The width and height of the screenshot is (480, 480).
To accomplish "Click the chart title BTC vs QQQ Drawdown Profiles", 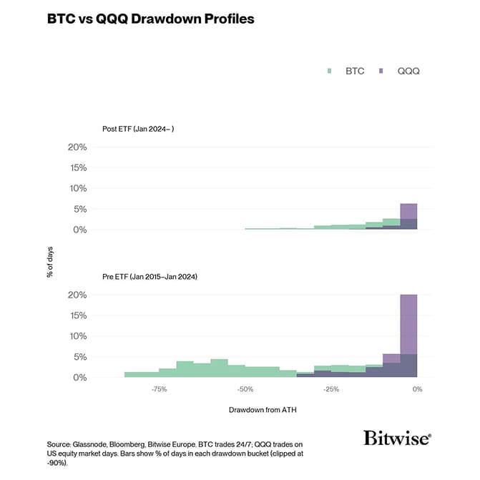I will coord(150,19).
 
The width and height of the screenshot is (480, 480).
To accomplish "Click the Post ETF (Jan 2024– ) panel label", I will coord(138,129).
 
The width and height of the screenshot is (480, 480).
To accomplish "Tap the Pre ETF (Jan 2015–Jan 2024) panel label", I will coord(150,276).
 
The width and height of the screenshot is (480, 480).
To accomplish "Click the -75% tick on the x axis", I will coord(159,390).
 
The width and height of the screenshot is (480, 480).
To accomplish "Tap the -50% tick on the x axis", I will coord(245,390).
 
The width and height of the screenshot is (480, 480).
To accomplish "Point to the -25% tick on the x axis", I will coord(330,390).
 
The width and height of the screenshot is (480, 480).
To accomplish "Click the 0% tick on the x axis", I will coord(417,390).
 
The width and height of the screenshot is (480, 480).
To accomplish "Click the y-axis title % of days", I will coord(51,262).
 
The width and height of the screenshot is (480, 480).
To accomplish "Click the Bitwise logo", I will coord(397,438).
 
